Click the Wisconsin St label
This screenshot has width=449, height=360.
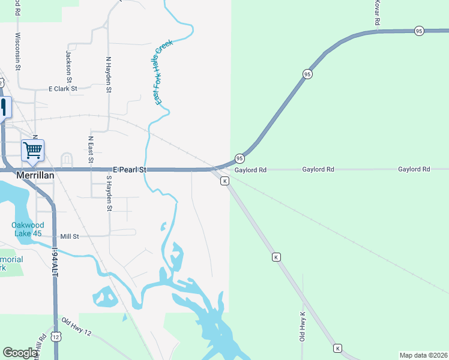coord(18,52)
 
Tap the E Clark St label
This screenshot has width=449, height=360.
coord(63,89)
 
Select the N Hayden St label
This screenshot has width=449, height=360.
coord(109,75)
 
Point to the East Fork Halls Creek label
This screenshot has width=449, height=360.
coord(163,72)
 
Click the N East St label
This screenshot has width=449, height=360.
coord(91,148)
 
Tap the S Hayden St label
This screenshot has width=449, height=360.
coord(109,193)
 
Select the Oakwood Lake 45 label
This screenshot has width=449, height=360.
coord(28,229)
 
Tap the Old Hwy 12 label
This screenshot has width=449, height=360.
coord(77,326)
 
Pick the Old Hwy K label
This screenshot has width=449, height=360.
coord(303,326)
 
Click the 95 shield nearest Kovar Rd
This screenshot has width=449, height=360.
coord(419,31)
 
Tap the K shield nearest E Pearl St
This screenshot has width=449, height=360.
coord(224,181)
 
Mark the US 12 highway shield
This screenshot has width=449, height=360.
coord(55,337)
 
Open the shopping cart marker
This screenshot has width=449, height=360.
coord(32,149)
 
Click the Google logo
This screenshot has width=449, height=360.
coord(20,353)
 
